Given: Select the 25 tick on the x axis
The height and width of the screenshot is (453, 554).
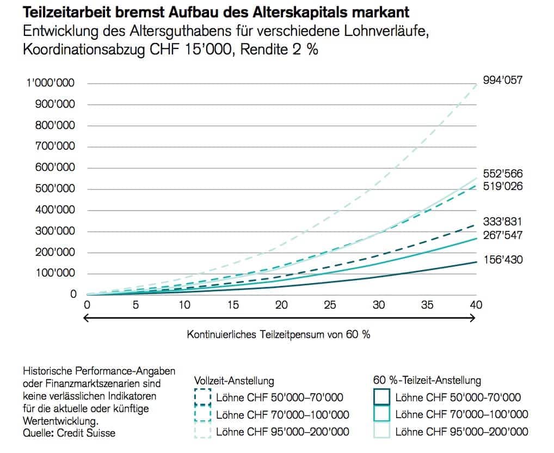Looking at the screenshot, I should pos(329,305).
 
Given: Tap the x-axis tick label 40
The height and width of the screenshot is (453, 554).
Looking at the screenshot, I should pos(476,305).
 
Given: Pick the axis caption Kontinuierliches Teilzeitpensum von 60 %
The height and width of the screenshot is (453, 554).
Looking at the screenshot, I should pos(279,334).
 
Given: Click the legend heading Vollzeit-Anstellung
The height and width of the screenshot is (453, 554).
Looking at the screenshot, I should pos(234,381).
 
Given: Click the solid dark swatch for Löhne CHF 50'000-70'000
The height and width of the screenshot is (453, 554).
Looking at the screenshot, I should pos(382,397).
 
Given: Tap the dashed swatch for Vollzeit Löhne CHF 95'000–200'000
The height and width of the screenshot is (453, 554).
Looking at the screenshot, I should pos(202,432).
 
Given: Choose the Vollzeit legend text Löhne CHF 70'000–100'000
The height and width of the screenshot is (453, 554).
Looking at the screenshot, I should pos(282,415).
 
